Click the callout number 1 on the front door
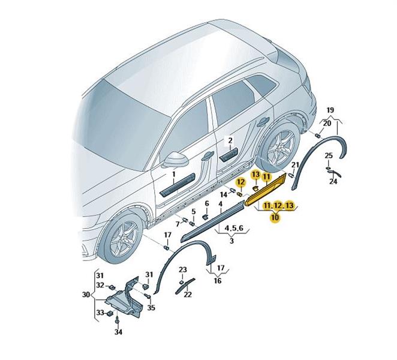tap(174, 174)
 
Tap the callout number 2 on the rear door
tap(230, 140)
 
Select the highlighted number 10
tap(275, 217)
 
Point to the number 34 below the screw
tap(118, 332)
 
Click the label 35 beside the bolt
tap(151, 308)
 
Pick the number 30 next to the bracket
tap(86, 295)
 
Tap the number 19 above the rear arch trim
tap(330, 110)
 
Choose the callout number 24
tap(333, 181)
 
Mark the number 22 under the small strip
tap(188, 295)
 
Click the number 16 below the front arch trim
tap(218, 281)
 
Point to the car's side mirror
tap(175, 159)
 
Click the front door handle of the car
tap(207, 156)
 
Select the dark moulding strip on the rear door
tap(229, 155)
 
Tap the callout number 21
tap(295, 165)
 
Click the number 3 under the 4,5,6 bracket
tap(231, 241)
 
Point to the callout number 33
tap(100, 313)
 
